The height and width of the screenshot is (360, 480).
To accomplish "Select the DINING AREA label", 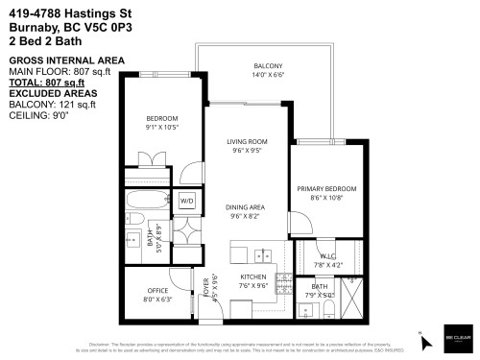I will tap(245, 207).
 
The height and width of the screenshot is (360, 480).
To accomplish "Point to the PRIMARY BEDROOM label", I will tap(326, 188).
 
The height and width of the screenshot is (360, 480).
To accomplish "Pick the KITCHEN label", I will tap(252, 276).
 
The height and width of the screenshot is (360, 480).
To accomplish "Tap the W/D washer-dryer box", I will tap(186, 201).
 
